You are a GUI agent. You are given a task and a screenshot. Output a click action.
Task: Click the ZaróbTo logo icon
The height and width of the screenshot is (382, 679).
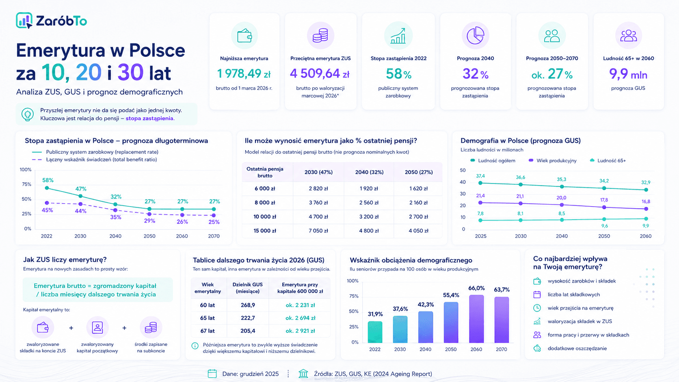tap(24, 20)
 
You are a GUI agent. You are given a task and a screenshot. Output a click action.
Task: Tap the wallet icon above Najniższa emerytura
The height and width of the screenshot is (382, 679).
tap(244, 36)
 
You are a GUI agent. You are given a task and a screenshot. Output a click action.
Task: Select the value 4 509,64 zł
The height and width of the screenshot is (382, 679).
tap(320, 73)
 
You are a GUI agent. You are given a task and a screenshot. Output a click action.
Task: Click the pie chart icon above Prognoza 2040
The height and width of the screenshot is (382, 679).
tap(475, 35)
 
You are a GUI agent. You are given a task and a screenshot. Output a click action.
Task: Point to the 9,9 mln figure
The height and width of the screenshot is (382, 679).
tap(628, 74)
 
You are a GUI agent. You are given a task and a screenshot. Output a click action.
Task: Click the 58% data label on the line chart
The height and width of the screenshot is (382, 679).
tap(48, 180)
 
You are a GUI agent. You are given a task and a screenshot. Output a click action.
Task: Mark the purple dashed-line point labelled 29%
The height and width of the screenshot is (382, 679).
tap(149, 214)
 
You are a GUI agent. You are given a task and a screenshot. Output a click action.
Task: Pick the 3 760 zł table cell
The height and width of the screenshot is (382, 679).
tap(318, 202)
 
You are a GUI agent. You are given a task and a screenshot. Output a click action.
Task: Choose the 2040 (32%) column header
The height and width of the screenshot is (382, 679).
tap(369, 172)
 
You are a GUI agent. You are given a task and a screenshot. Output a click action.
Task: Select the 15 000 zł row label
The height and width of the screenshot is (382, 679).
tap(265, 231)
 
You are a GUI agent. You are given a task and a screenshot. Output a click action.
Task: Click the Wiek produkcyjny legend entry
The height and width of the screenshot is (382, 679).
tap(553, 161)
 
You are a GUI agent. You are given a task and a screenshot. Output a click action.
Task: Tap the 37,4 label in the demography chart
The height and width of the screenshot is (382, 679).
tap(480, 176)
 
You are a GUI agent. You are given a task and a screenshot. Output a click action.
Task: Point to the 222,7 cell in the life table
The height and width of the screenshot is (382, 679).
tap(248, 318)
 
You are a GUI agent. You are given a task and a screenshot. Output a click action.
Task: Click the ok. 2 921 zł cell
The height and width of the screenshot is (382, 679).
tap(300, 331)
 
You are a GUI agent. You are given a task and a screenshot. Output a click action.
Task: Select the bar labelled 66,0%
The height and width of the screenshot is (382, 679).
tap(476, 319)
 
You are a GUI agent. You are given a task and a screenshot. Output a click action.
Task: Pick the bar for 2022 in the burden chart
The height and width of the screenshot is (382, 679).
tap(375, 332)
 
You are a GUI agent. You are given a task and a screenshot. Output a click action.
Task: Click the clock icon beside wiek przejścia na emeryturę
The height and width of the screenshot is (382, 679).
tap(537, 308)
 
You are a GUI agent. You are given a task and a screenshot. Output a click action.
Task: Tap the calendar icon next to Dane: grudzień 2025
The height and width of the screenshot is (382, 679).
tap(212, 373)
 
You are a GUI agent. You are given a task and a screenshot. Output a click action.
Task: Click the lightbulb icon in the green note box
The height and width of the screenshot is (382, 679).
tap(28, 114)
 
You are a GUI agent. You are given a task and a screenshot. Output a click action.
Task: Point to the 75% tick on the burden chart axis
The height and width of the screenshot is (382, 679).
tap(354, 296)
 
